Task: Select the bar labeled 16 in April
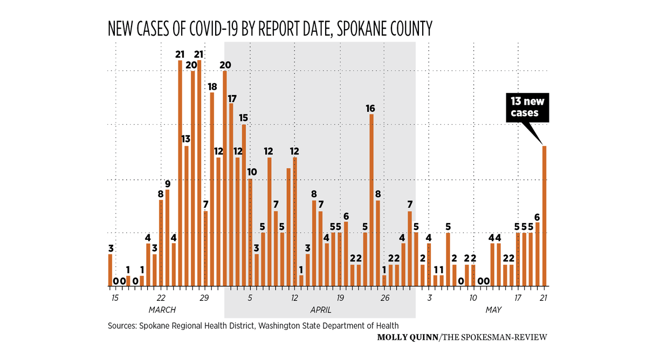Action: pos(371,200)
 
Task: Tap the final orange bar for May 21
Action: pos(545,216)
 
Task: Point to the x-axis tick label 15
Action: pos(114,298)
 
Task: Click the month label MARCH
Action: pos(162,310)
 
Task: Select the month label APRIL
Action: pos(320,310)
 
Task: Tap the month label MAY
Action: pos(493,310)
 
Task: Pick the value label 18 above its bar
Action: pos(212,86)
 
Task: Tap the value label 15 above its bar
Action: pos(244,118)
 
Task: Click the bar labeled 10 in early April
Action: pos(250,232)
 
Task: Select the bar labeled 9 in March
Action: pos(168,238)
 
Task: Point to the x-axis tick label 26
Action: pos(385,298)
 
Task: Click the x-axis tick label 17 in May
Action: pos(518,298)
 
